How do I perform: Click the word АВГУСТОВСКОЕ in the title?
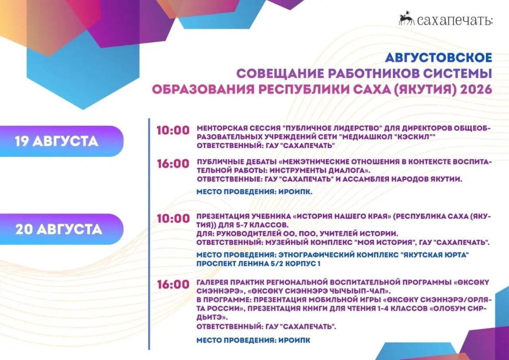[439, 57]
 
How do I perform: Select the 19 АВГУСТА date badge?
[62, 141]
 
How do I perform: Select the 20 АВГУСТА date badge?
[62, 229]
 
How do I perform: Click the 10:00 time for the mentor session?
[173, 130]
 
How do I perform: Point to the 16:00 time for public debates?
[173, 163]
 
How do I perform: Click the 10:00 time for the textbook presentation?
[173, 219]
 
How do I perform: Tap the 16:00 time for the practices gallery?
[173, 284]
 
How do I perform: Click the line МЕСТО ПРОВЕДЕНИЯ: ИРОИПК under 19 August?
[254, 192]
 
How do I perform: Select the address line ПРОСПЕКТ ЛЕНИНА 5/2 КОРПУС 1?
[258, 264]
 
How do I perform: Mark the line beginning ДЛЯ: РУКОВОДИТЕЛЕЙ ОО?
[297, 233]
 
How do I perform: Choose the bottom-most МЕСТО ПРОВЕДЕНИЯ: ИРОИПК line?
[253, 340]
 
